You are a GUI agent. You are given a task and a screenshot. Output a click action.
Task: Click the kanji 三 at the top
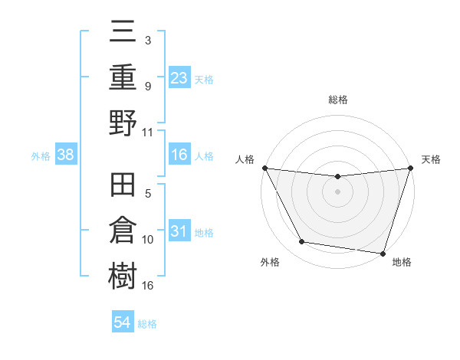coord(123,34)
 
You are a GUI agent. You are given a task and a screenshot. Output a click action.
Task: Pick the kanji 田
coord(123,188)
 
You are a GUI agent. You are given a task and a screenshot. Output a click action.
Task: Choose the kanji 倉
coord(123,231)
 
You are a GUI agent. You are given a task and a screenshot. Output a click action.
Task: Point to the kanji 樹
coord(123,274)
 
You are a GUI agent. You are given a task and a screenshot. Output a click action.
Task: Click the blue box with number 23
coord(179,78)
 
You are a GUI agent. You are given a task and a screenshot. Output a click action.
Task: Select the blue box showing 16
coord(179,155)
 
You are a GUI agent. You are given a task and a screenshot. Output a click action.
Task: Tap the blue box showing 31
coord(179,231)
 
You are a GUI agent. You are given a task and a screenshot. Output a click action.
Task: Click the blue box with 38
coord(65,155)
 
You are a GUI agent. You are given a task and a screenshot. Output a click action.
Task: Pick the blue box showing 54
coord(123,322)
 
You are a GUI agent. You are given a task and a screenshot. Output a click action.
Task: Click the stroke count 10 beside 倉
coord(148,240)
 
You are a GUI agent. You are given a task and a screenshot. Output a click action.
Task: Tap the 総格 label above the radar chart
coord(337,100)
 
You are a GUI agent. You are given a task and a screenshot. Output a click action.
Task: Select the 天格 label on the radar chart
coord(432,159)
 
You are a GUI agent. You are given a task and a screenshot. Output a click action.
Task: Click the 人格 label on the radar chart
coord(244,159)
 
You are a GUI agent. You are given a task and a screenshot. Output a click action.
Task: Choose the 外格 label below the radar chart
coord(270,262)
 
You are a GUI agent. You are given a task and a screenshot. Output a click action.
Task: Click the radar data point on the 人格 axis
coord(264,168)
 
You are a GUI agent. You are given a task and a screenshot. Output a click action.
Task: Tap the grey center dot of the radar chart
coord(337,191)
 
